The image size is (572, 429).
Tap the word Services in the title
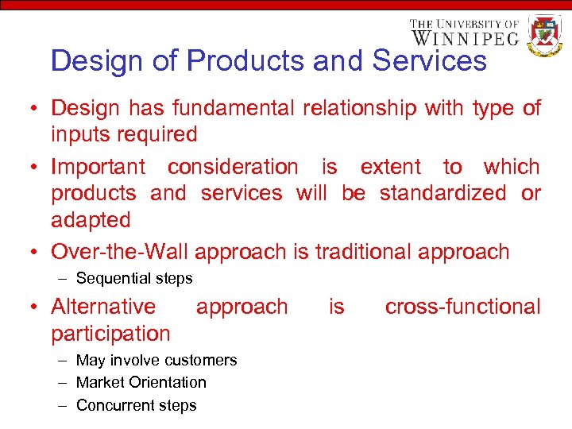[x=429, y=60]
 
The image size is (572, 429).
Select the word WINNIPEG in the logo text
[x=465, y=37]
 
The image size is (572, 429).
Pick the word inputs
[x=79, y=134]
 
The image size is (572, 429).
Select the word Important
[x=98, y=167]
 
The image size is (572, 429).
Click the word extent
[x=390, y=167]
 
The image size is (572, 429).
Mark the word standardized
[x=443, y=193]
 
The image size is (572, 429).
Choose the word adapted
[x=90, y=219]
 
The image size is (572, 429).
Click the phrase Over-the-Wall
[x=119, y=252]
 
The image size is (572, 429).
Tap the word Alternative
[x=103, y=307]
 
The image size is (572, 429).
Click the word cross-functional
[x=462, y=307]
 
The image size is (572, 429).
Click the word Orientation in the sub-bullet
[x=167, y=383]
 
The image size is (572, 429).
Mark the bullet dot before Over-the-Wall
[x=37, y=253]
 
